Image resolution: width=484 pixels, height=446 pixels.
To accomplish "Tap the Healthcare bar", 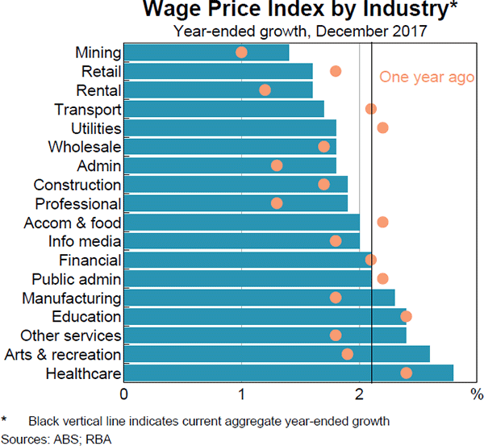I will click(x=288, y=373).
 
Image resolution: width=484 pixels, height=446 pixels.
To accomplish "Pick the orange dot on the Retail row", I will click(x=336, y=72).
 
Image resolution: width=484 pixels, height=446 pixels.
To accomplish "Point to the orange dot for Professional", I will click(x=277, y=203).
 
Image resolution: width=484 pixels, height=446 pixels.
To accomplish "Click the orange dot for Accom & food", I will click(x=382, y=222).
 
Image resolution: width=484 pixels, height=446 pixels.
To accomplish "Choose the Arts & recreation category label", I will click(x=63, y=354).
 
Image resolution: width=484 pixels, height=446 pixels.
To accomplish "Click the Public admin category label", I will click(x=77, y=279).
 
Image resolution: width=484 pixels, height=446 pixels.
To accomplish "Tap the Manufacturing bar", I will click(x=260, y=298).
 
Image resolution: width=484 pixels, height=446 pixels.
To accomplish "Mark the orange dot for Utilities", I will click(x=382, y=128).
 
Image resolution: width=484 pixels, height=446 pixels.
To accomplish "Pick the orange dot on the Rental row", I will click(x=265, y=90).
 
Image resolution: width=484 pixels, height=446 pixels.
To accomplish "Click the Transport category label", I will click(x=88, y=109).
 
